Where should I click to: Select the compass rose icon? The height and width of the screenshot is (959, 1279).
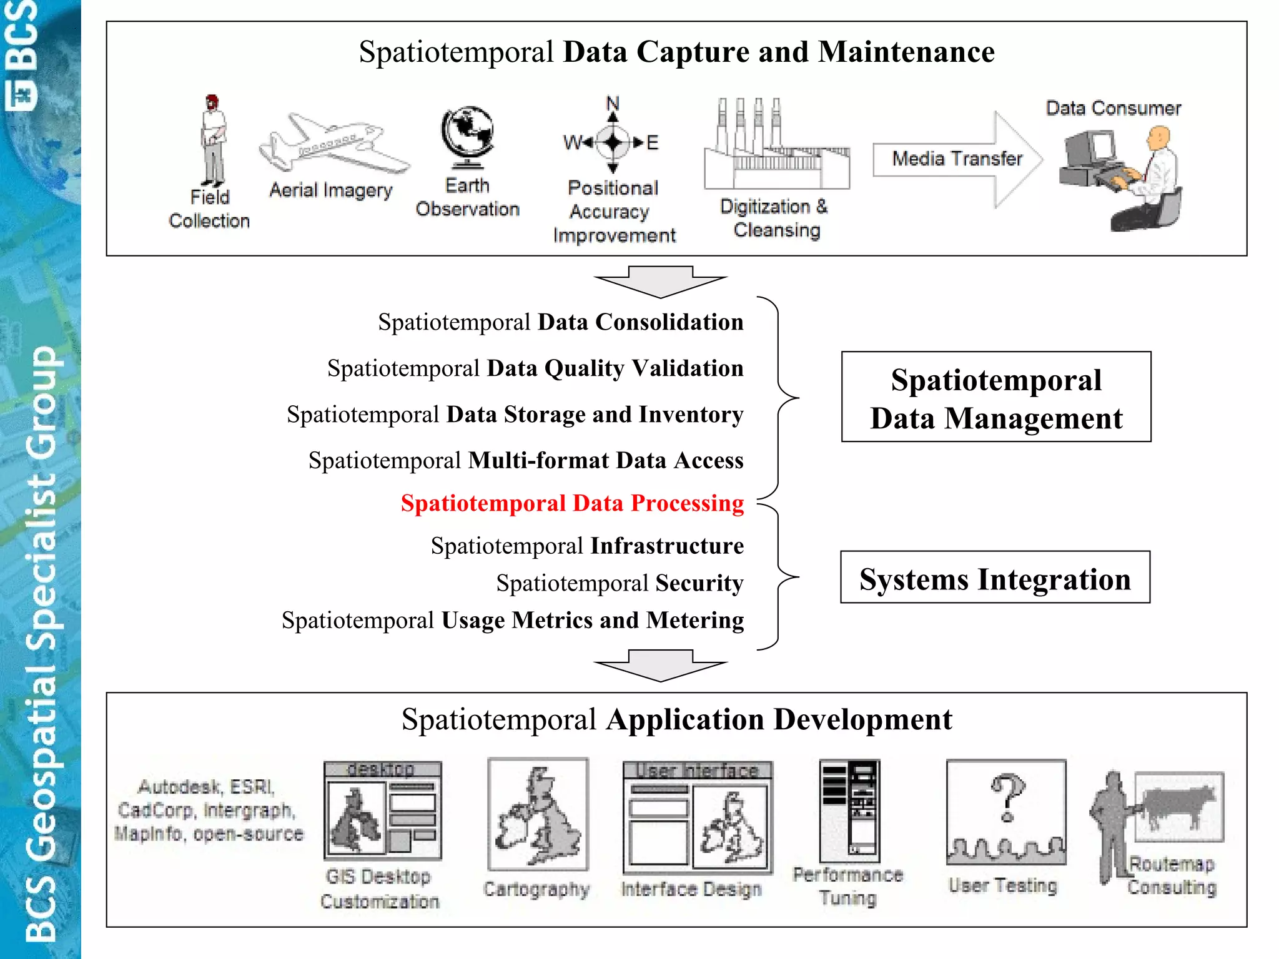coord(613,142)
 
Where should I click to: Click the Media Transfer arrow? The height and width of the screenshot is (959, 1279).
coord(957,159)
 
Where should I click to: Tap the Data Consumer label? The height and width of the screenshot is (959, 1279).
coord(1113,109)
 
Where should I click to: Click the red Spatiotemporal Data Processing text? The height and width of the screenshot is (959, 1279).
coord(572,503)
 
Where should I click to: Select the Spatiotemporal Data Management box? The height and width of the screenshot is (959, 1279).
coord(995,397)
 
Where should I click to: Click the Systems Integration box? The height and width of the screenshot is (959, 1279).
coord(995,578)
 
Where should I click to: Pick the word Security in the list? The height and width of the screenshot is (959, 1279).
coord(699,583)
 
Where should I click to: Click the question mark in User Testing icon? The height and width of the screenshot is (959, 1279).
coord(1007,797)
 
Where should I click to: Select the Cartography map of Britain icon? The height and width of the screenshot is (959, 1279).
coord(538,815)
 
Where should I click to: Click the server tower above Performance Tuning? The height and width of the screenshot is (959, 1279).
coord(849,810)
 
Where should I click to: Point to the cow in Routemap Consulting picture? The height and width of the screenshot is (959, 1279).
coord(1178,805)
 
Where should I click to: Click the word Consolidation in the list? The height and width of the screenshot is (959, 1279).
coord(669,322)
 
